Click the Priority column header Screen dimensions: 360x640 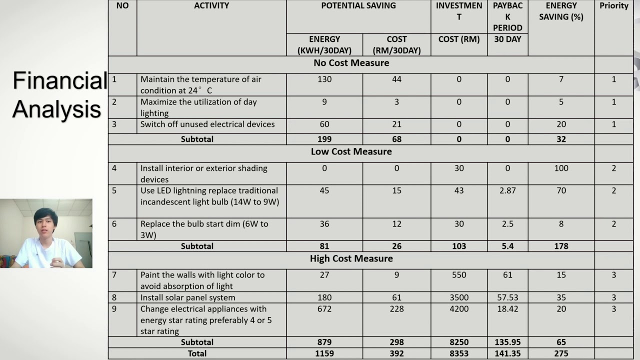613,6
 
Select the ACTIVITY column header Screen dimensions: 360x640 211,6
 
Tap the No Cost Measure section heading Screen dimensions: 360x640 351,63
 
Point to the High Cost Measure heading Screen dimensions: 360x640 351,258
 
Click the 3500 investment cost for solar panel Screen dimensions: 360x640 458,297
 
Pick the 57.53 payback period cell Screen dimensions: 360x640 507,297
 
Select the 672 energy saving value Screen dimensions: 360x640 324,309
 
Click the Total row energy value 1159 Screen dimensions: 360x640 324,353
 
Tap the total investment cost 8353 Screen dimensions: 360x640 458,353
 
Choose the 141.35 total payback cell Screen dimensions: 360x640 507,353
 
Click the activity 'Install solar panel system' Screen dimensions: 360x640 187,297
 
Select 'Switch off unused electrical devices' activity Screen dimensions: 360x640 207,124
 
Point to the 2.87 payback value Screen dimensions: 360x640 507,190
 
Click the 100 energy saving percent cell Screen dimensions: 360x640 561,168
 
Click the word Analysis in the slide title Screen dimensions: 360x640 56,109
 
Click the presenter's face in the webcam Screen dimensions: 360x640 45,224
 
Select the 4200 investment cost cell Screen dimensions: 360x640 458,309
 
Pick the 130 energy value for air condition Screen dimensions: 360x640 324,79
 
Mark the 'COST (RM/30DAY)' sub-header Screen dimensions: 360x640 396,44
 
